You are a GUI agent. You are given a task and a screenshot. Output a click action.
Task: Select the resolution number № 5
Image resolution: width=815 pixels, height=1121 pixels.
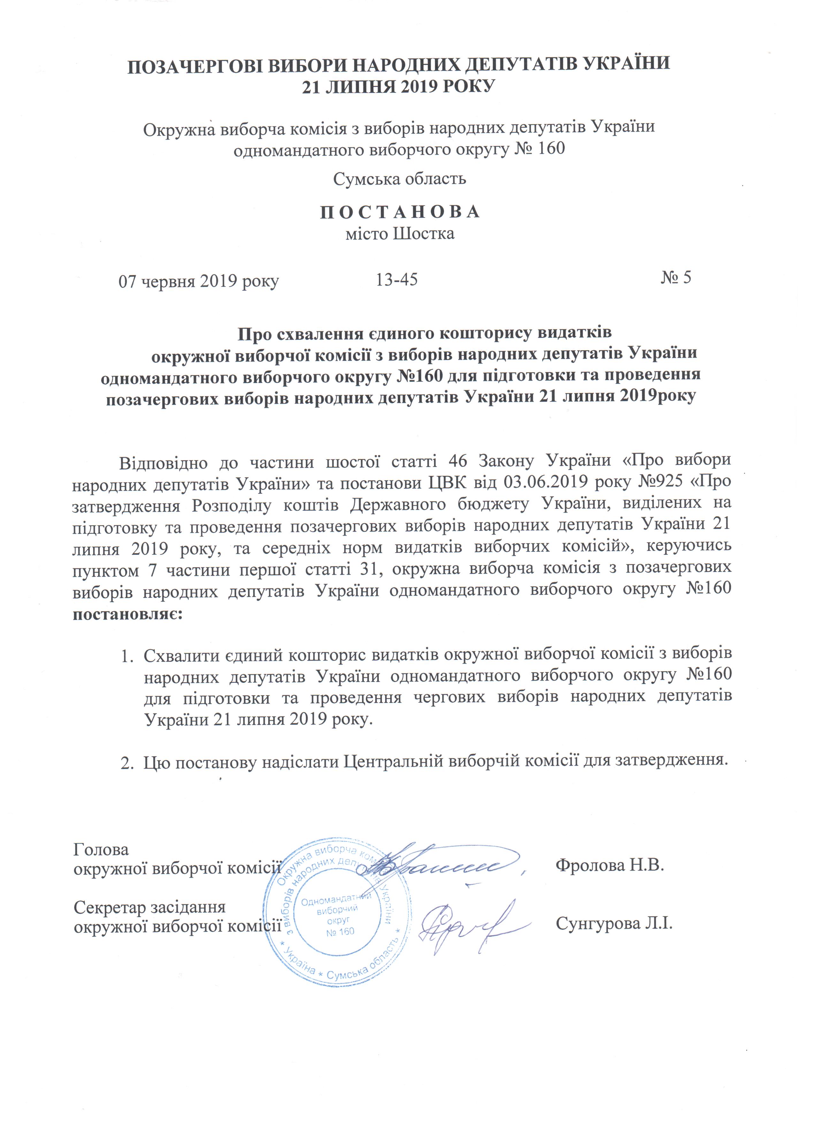(676, 278)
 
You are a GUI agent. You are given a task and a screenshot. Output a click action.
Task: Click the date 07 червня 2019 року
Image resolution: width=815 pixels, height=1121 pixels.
(199, 281)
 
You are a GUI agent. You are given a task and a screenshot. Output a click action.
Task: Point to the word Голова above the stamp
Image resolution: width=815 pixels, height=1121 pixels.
(101, 849)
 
